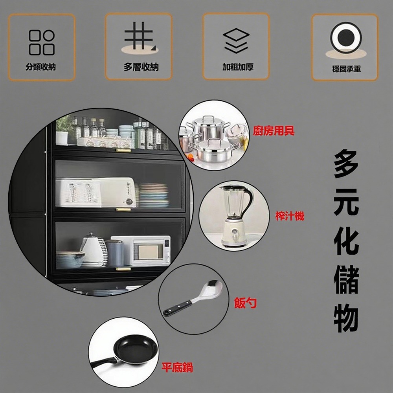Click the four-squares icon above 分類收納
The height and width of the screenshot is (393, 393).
pyautogui.click(x=41, y=42)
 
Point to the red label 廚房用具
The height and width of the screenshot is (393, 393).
pyautogui.click(x=274, y=131)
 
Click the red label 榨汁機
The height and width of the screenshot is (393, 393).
pyautogui.click(x=290, y=215)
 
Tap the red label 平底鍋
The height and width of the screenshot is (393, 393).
pyautogui.click(x=177, y=368)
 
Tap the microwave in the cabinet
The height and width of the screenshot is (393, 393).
pyautogui.click(x=141, y=250)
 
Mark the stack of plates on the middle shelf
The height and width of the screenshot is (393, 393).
pyautogui.click(x=153, y=195)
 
